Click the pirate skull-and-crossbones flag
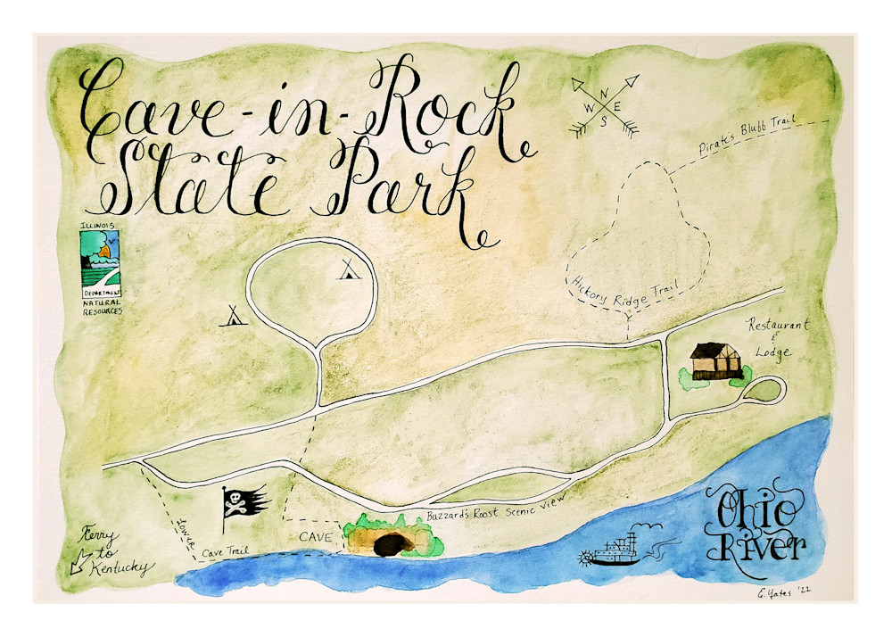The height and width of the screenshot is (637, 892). click(243, 505)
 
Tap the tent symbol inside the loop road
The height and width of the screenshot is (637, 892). click(346, 269)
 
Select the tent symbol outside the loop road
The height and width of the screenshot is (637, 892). click(233, 315)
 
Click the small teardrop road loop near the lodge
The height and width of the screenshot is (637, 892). click(767, 389)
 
